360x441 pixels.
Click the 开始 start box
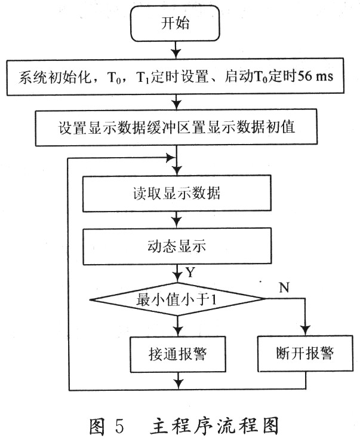coord(175,23)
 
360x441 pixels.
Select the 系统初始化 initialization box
coord(176,76)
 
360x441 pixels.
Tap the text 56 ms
coord(315,76)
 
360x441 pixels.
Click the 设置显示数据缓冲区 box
coord(176,128)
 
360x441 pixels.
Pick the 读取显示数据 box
coord(177,193)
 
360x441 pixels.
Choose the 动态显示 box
coord(177,246)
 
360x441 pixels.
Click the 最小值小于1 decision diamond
coord(177,299)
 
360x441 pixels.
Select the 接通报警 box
coord(178,354)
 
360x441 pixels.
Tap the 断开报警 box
coord(305,353)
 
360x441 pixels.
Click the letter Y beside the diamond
coord(190,272)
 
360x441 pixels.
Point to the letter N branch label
coord(284,287)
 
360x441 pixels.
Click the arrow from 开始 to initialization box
coord(176,50)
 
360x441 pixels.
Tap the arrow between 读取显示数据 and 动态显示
coord(177,220)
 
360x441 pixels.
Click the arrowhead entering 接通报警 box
coord(178,332)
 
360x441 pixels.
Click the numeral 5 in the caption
coord(119,426)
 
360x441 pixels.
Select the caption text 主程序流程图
coord(214,426)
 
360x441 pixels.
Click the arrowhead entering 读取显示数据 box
coord(177,170)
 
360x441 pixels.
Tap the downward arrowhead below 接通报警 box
coord(179,384)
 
